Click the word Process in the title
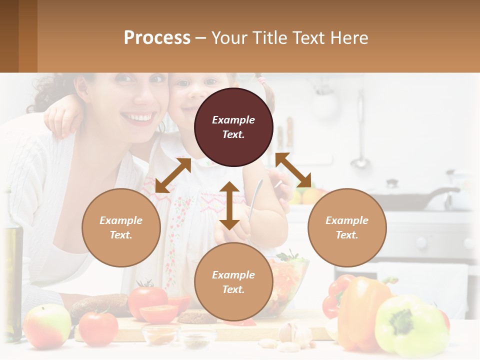click(157, 38)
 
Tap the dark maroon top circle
click(233, 127)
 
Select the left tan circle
click(121, 227)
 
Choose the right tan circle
click(347, 227)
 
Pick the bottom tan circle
click(233, 282)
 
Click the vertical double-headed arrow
click(229, 205)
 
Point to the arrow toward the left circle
click(173, 175)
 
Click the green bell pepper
click(410, 325)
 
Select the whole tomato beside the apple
click(98, 327)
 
